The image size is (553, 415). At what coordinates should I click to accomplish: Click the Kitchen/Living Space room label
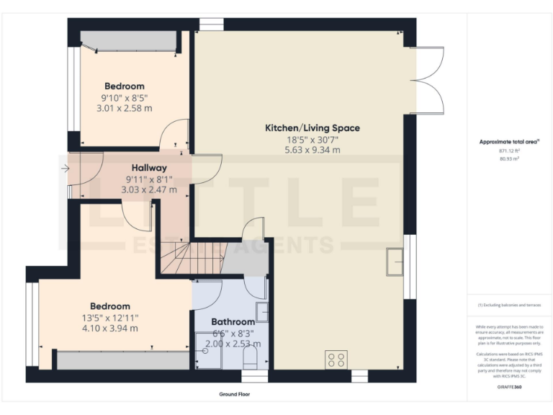[313, 128]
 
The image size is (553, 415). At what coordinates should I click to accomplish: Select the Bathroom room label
[233, 322]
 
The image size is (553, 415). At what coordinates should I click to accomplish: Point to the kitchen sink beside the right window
[395, 262]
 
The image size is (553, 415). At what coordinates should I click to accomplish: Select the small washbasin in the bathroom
[262, 312]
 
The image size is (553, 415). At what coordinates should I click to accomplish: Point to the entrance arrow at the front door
[65, 169]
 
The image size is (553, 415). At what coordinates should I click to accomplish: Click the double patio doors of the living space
[426, 81]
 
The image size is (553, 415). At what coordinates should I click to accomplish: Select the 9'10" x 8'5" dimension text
[124, 98]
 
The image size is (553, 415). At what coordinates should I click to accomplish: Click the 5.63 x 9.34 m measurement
[313, 150]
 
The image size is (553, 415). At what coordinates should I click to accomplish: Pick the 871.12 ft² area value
[509, 151]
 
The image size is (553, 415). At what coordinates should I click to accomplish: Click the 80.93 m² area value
[509, 159]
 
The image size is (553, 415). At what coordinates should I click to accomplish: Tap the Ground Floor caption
[235, 395]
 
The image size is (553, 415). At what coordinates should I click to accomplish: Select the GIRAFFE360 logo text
[509, 388]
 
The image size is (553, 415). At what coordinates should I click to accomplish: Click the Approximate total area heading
[509, 142]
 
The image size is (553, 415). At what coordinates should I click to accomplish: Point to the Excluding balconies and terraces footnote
[509, 305]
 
